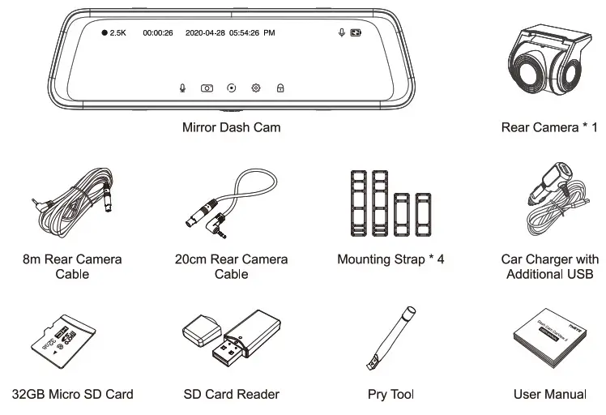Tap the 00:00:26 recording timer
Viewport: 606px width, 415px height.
pyautogui.click(x=157, y=33)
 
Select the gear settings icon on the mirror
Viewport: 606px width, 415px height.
pyautogui.click(x=256, y=87)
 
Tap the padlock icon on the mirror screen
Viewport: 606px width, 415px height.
pyautogui.click(x=280, y=87)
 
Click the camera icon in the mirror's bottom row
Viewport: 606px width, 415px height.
pyautogui.click(x=207, y=87)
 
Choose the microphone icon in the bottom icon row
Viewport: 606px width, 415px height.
pyautogui.click(x=183, y=87)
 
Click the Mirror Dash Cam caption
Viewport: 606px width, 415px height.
pyautogui.click(x=232, y=127)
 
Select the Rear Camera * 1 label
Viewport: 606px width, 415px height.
pyautogui.click(x=548, y=127)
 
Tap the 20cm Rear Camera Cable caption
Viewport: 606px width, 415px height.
pyautogui.click(x=231, y=267)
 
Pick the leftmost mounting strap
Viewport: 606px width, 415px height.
pyautogui.click(x=357, y=203)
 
